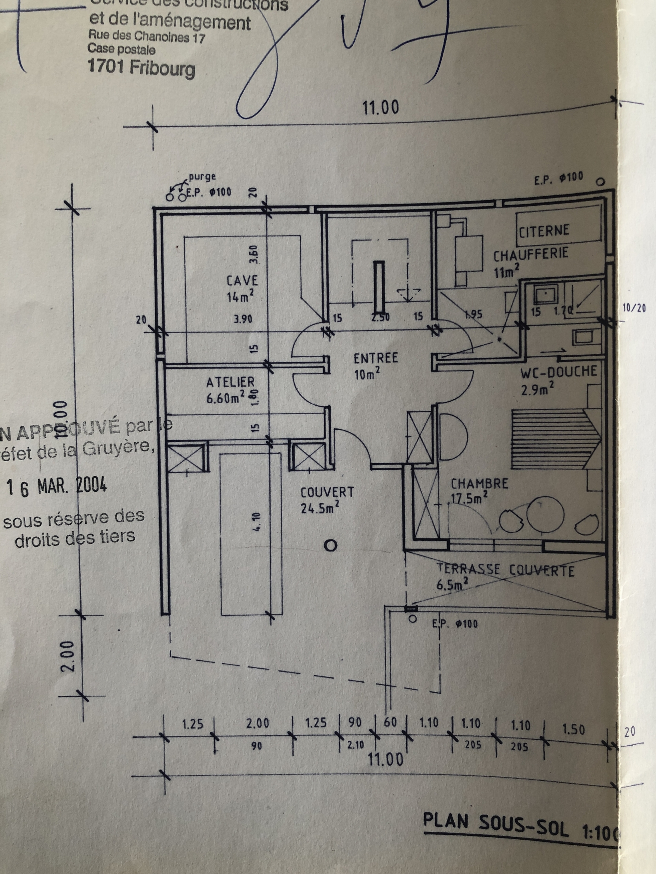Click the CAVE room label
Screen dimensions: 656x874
coord(242,281)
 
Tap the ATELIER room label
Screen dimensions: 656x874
coord(231,382)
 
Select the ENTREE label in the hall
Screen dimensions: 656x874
coord(375,358)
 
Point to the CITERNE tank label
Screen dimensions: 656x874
coord(544,231)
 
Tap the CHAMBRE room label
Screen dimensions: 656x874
coord(479,484)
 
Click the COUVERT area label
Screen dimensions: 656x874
coord(327,492)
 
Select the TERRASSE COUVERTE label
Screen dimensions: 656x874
coord(505,570)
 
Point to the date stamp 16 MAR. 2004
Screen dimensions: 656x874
coord(58,487)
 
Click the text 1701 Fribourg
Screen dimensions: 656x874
coord(141,68)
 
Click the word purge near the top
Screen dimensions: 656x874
coord(202,177)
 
